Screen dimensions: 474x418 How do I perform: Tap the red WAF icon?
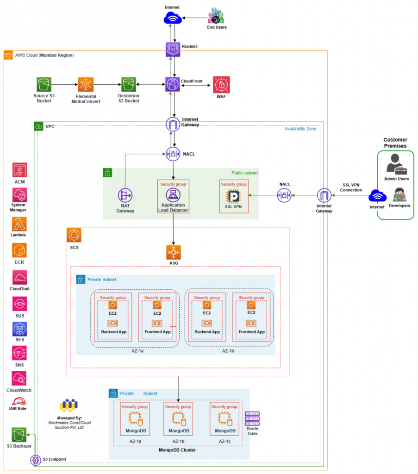pos(221,85)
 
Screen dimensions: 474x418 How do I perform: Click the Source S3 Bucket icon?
pos(44,85)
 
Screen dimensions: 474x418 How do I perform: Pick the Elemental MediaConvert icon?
pos(86,85)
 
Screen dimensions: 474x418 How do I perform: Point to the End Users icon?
pos(216,16)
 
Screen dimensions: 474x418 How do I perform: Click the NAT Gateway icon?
pos(125,195)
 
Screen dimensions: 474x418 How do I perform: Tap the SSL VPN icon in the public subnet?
pos(234,195)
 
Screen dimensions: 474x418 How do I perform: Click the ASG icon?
pos(174,252)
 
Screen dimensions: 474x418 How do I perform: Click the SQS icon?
pos(19,304)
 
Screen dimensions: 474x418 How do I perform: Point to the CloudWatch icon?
pos(19,378)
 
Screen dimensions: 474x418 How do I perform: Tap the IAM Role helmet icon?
pos(19,402)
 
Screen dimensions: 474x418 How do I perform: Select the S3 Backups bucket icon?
pos(19,435)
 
